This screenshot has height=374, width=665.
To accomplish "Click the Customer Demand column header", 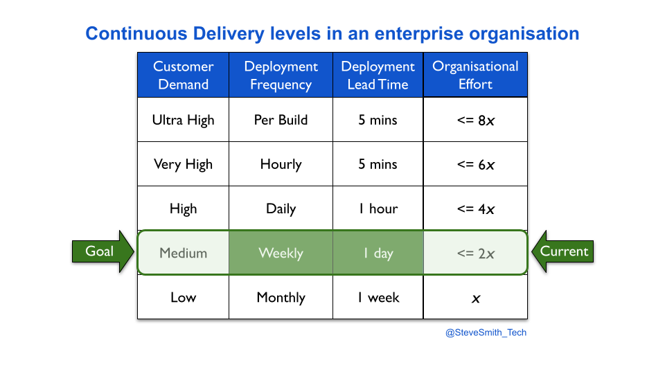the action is [183, 75].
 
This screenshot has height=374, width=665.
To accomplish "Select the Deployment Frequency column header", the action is [281, 75].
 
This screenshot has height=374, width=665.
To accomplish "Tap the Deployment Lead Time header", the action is [378, 75].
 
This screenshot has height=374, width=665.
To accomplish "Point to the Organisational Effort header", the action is [475, 75].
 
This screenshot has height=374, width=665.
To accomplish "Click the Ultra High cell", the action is [183, 120].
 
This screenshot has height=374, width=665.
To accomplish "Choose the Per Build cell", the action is [281, 120].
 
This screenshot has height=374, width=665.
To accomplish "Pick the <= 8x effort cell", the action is [475, 120].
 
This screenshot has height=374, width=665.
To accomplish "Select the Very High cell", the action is [183, 163].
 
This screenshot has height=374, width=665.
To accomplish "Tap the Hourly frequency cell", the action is [281, 163].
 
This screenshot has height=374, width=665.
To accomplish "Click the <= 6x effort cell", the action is [475, 163].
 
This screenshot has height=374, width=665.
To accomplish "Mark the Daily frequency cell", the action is [281, 208].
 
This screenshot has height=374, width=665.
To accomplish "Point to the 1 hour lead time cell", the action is [378, 208].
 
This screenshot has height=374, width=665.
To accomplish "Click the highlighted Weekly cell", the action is [281, 253].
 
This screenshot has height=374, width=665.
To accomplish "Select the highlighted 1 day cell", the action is [378, 253].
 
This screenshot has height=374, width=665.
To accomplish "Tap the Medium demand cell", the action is [183, 253].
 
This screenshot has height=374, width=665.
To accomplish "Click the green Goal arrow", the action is [103, 251].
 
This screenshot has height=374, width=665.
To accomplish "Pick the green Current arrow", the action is [562, 251].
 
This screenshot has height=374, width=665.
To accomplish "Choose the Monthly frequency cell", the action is [281, 297].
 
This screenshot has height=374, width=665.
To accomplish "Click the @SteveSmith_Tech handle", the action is [486, 332].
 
